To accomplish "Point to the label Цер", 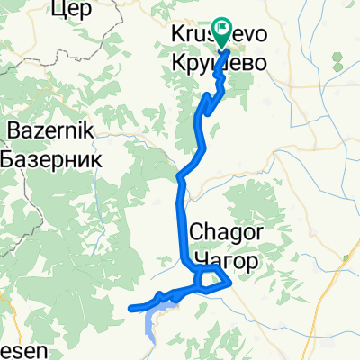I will pyautogui.click(x=74, y=10).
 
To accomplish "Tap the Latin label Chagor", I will pyautogui.click(x=227, y=233).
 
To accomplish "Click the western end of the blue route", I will pyautogui.click(x=132, y=308).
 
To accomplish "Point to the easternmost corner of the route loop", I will pyautogui.click(x=231, y=283).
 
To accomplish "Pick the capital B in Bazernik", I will pyautogui.click(x=13, y=131).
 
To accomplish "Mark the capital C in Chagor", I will pyautogui.click(x=197, y=233).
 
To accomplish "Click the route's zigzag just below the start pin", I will pyautogui.click(x=219, y=85).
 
